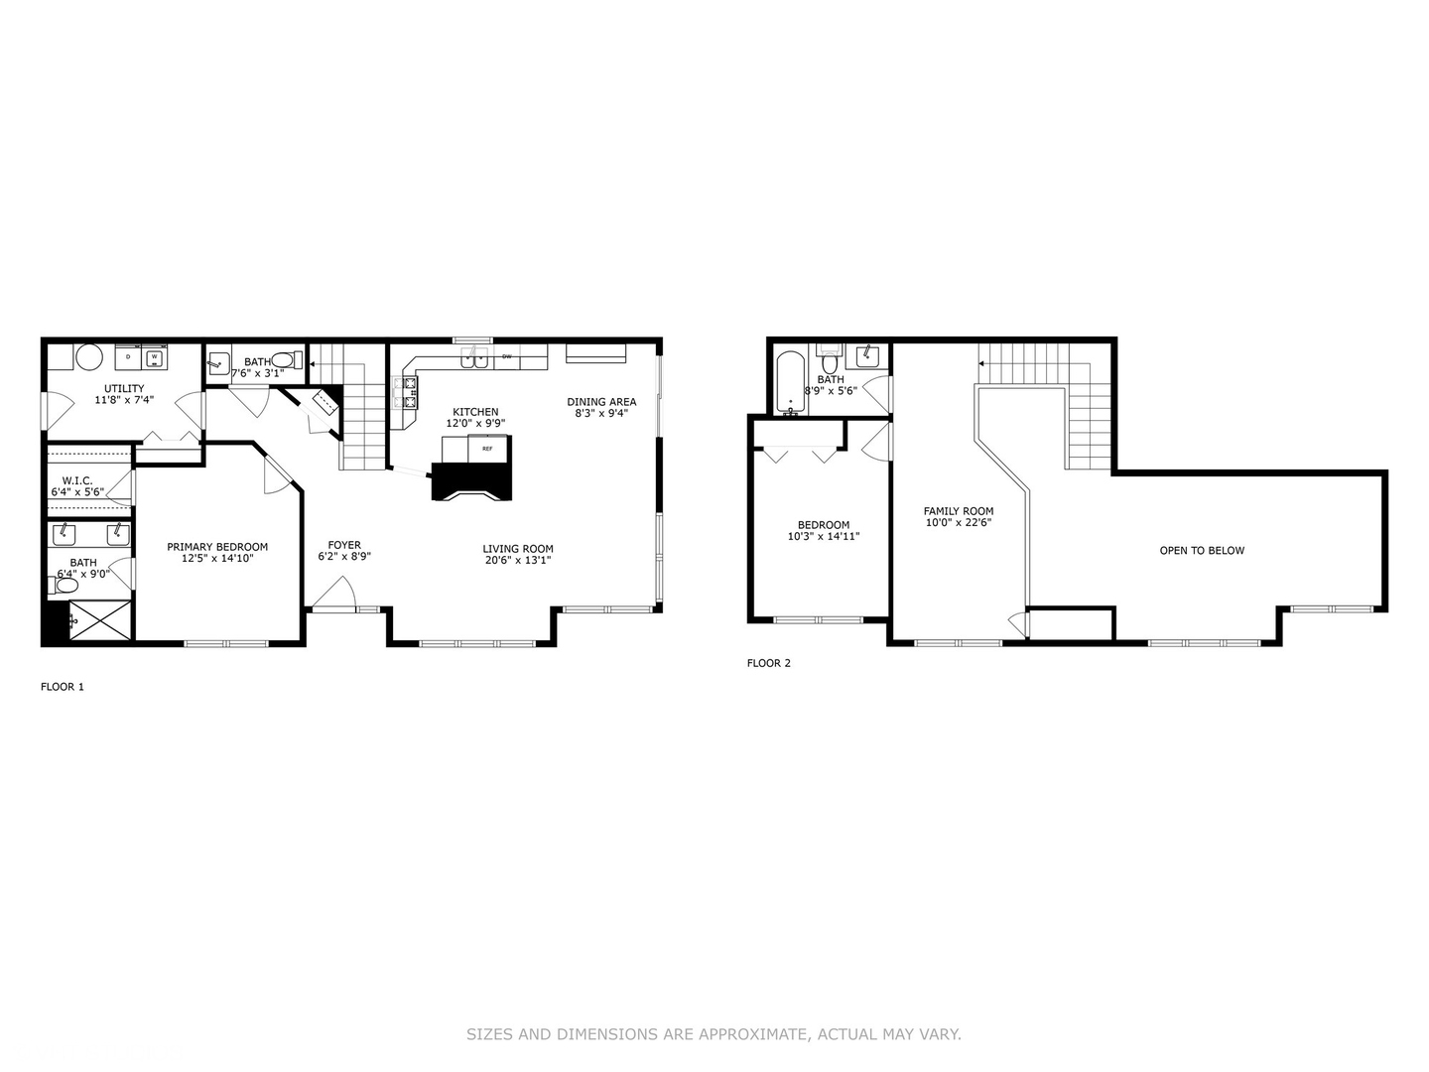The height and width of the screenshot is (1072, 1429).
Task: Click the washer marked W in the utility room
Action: [154, 357]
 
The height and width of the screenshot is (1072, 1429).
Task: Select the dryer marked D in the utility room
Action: [128, 357]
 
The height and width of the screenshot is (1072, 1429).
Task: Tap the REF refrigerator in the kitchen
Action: [487, 449]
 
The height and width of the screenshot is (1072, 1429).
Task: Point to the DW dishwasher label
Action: [506, 356]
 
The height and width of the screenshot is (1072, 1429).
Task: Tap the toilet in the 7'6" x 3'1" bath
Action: [285, 360]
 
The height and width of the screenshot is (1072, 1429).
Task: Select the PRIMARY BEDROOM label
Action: [217, 547]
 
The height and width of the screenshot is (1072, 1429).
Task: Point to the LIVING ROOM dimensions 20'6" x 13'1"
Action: [517, 561]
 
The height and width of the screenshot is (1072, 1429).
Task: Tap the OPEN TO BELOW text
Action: [1202, 551]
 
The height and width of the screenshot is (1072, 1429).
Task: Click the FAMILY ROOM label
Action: [959, 511]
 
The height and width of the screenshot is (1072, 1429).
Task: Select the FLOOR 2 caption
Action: [769, 664]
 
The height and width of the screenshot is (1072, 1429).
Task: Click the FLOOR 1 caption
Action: [63, 687]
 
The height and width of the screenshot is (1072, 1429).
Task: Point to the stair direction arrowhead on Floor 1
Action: [314, 364]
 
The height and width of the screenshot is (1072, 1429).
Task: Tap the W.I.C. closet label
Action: [77, 480]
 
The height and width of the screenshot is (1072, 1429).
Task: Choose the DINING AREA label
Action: [601, 402]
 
